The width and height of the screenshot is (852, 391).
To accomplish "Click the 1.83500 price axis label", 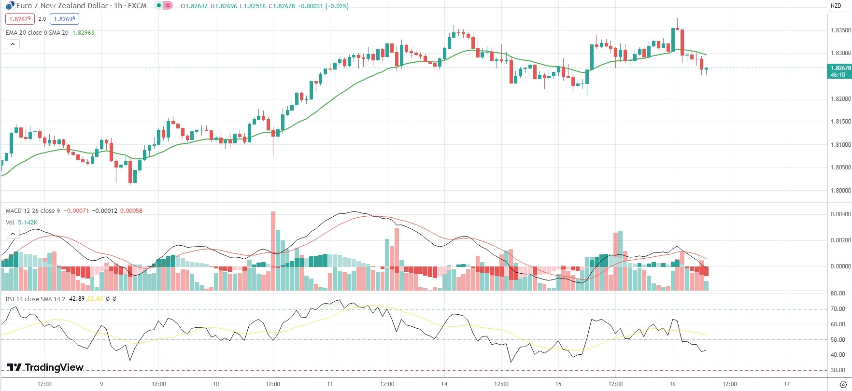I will pyautogui.click(x=840, y=30).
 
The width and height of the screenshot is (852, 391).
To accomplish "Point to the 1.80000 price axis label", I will pyautogui.click(x=840, y=191).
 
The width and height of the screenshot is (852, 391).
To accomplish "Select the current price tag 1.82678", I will pyautogui.click(x=840, y=68).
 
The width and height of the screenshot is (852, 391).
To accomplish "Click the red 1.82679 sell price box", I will pyautogui.click(x=20, y=19).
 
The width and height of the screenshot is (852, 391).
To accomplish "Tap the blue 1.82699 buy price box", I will pyautogui.click(x=64, y=19).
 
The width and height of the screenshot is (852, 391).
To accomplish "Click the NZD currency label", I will pyautogui.click(x=836, y=6).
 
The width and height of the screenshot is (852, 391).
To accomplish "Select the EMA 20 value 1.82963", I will pyautogui.click(x=83, y=33).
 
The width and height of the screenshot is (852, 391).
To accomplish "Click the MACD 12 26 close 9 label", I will pyautogui.click(x=33, y=211).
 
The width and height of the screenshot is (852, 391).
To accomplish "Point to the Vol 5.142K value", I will pyautogui.click(x=28, y=223).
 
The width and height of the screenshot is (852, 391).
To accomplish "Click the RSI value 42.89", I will pyautogui.click(x=77, y=299).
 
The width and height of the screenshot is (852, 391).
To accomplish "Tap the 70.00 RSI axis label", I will pyautogui.click(x=838, y=309).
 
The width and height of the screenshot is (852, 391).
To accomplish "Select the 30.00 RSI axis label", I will pyautogui.click(x=838, y=370).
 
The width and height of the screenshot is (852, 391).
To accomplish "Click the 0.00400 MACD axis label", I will pyautogui.click(x=840, y=214).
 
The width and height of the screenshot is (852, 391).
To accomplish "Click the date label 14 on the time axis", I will pyautogui.click(x=444, y=384).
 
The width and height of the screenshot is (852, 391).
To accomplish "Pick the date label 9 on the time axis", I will pyautogui.click(x=101, y=384).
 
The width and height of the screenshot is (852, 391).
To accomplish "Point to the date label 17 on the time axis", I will pyautogui.click(x=787, y=384).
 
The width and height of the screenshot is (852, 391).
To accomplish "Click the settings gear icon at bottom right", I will pyautogui.click(x=843, y=385).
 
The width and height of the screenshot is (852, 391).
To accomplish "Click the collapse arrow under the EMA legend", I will pyautogui.click(x=13, y=44).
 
